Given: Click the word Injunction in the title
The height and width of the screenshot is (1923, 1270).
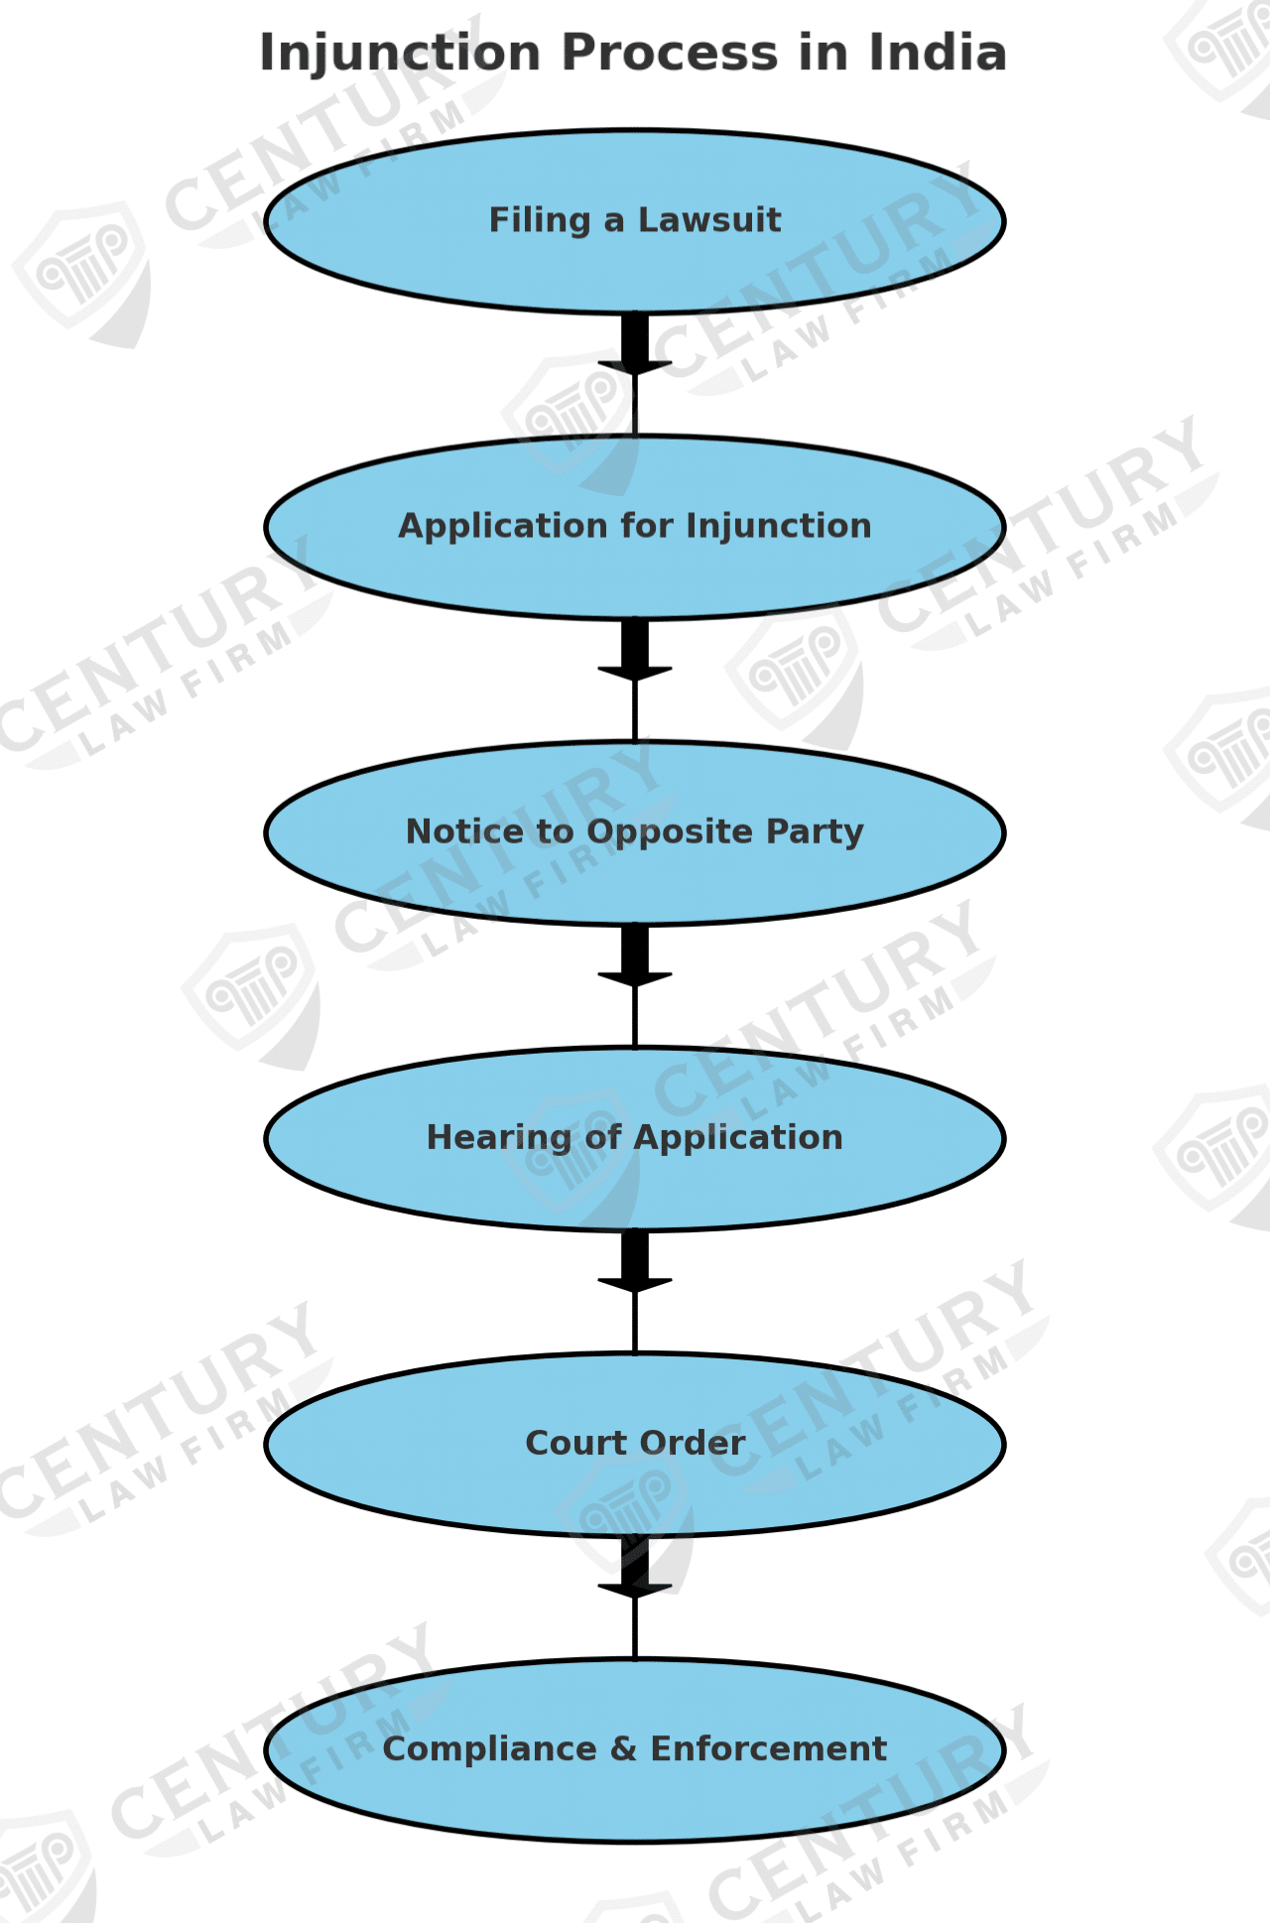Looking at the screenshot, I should (400, 54).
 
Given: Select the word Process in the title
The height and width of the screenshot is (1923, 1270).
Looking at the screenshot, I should (669, 54).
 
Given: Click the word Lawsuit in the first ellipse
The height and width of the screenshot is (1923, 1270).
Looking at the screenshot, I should (709, 220).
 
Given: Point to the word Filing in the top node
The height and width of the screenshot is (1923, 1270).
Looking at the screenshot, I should (539, 220).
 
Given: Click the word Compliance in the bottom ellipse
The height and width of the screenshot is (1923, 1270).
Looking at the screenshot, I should (489, 1749).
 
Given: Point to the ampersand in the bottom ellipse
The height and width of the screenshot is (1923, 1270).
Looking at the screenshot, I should (624, 1749).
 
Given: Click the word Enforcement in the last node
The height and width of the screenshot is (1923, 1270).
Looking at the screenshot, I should (768, 1749).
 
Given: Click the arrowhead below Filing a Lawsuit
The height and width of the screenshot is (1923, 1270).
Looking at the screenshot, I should (635, 368).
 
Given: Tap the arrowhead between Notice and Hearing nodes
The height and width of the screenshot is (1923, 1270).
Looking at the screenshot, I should (635, 979).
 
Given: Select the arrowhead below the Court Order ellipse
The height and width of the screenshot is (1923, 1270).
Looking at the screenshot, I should (635, 1591).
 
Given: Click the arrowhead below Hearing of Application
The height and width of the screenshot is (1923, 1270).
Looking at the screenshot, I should (635, 1285).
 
